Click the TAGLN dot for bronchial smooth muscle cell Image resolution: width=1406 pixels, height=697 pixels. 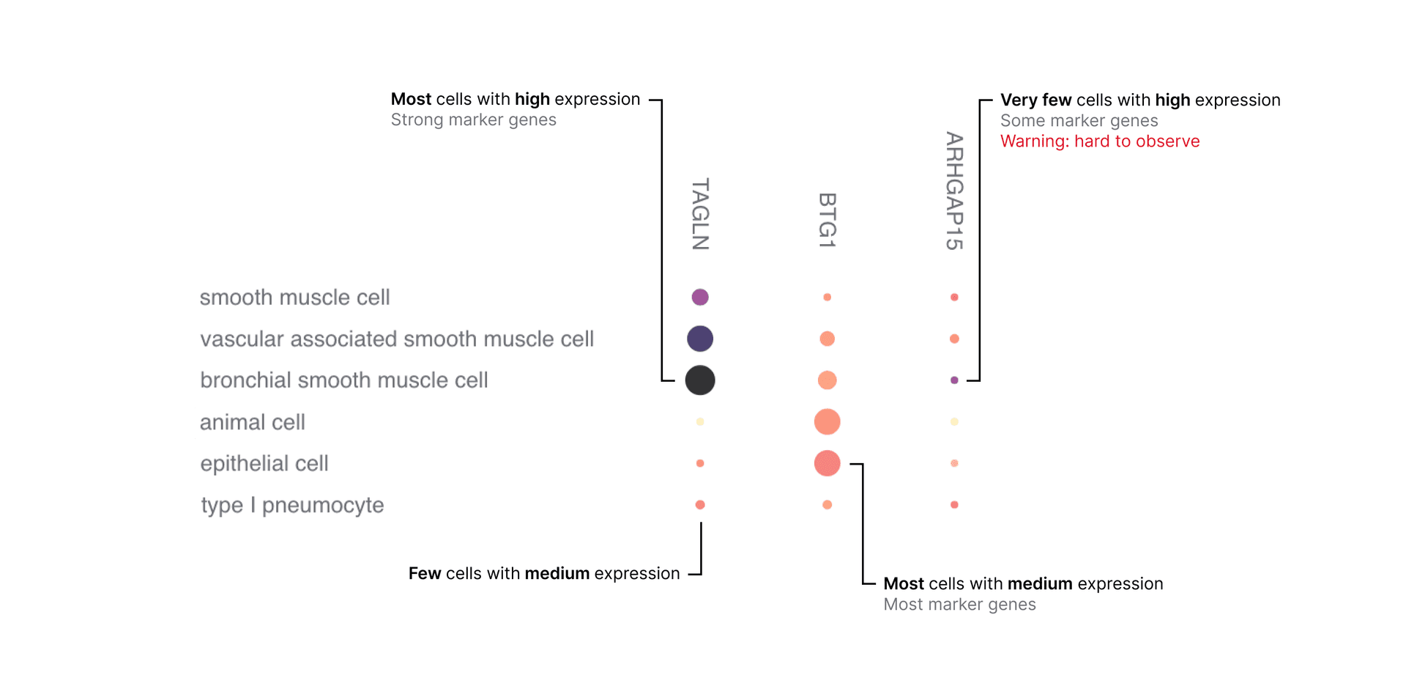tap(699, 380)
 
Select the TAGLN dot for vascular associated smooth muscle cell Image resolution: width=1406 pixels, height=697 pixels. tap(699, 339)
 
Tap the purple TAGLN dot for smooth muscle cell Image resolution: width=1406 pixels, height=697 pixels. tap(699, 297)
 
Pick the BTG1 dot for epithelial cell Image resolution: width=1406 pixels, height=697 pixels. tap(827, 463)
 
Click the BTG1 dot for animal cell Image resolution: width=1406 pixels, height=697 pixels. tap(827, 421)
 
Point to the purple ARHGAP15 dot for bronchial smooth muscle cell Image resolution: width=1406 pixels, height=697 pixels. tap(953, 380)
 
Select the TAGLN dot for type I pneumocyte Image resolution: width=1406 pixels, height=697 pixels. tap(699, 505)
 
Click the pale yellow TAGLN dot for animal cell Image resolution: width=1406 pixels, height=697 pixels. tap(699, 421)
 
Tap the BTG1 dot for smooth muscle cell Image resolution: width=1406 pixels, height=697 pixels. tap(827, 297)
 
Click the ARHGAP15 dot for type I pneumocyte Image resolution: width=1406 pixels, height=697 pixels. tap(953, 505)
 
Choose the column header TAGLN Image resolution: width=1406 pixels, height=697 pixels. tap(700, 214)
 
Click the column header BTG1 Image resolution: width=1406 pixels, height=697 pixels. tap(827, 221)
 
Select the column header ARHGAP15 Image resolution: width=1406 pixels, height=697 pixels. tap(953, 191)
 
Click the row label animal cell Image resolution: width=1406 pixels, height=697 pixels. tap(252, 422)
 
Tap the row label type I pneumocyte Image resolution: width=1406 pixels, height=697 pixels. tap(292, 505)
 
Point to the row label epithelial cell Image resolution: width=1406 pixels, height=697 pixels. tap(264, 464)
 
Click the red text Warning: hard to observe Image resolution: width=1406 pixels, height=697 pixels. tap(1099, 141)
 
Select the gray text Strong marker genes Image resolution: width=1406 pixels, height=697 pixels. tap(473, 120)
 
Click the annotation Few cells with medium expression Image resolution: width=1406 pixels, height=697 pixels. tap(543, 574)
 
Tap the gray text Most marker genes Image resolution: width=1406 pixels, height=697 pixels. tap(959, 605)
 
